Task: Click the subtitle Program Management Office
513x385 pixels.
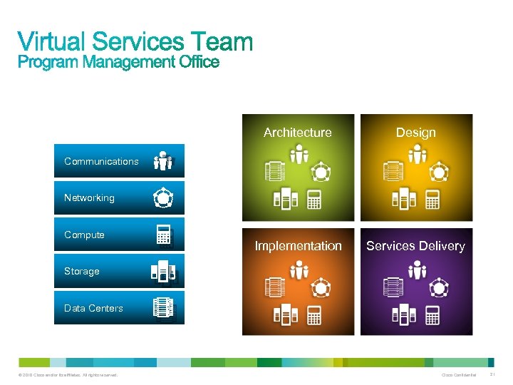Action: (118, 62)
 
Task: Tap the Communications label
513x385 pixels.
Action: (101, 161)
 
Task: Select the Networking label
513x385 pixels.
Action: (89, 197)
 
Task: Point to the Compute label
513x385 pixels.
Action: (84, 235)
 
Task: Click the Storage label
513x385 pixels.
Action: (81, 271)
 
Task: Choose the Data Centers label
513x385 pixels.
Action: (93, 308)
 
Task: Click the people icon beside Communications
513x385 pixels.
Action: (163, 160)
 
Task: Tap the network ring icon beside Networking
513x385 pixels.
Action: (163, 197)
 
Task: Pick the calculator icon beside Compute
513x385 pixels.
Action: (164, 235)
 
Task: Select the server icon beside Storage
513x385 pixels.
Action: (163, 271)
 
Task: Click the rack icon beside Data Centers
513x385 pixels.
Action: (163, 307)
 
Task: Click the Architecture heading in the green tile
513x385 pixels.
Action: (298, 132)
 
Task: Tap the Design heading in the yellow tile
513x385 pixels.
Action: (416, 132)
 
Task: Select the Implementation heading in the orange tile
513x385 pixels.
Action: (299, 246)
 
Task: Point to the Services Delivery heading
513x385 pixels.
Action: (415, 246)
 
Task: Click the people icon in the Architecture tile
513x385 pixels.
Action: (299, 154)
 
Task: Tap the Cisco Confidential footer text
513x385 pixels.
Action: (459, 375)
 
